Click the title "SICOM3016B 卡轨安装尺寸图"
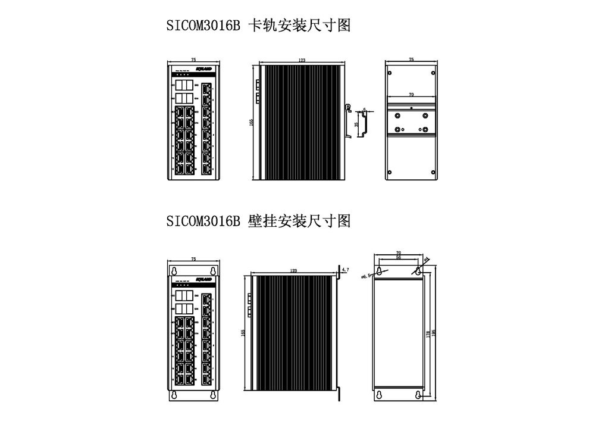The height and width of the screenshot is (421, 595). click(258, 27)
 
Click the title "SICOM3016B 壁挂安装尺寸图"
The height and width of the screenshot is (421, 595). click(258, 222)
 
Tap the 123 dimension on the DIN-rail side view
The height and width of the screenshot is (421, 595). click(302, 60)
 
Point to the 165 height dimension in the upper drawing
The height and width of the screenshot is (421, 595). click(252, 121)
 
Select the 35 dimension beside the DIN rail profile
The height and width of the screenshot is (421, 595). click(356, 124)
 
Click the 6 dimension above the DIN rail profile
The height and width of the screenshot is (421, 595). click(364, 110)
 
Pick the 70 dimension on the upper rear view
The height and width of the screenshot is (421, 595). click(411, 95)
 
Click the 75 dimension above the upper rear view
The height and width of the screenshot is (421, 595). click(411, 60)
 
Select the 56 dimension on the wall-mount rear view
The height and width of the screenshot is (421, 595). click(398, 257)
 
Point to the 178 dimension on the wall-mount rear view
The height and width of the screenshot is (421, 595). click(428, 335)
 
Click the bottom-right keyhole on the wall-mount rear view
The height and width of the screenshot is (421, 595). click(419, 395)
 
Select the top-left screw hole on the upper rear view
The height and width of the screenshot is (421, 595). click(390, 73)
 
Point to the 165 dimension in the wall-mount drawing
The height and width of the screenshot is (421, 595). click(243, 333)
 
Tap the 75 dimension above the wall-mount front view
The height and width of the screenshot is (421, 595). click(194, 259)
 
